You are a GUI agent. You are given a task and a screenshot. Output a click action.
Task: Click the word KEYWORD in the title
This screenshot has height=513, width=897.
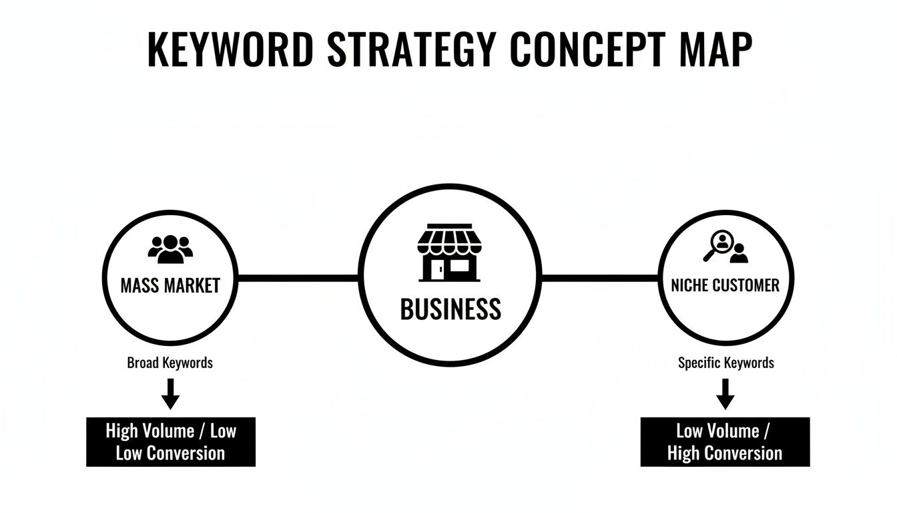[228, 49]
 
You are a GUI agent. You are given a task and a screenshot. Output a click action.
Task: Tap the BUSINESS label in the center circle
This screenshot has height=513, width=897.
[450, 309]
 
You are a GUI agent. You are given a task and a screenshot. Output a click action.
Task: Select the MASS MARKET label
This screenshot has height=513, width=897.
[170, 286]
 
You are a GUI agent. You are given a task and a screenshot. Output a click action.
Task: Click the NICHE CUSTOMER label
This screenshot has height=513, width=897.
[725, 286]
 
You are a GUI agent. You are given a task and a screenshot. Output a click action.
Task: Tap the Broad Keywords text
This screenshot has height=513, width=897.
[170, 363]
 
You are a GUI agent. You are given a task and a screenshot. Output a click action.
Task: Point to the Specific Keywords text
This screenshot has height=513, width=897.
[725, 363]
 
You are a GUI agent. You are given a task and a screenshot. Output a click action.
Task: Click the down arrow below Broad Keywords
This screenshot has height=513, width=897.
[170, 393]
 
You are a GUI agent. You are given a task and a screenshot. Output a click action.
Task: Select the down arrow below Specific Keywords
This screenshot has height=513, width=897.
[725, 393]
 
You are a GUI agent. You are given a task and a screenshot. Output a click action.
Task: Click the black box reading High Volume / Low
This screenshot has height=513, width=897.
[171, 442]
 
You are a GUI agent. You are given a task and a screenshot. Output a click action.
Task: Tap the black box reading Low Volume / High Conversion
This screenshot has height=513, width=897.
[725, 442]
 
